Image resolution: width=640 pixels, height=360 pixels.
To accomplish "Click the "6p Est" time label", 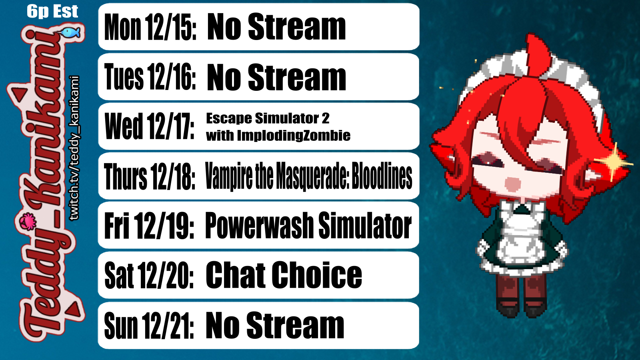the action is pyautogui.click(x=52, y=12).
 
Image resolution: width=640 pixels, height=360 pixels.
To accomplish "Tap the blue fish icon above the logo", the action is pyautogui.click(x=70, y=32).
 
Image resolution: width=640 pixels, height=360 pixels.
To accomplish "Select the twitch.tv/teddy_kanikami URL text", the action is pyautogui.click(x=74, y=148).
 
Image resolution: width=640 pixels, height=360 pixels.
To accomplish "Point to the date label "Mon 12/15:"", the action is pyautogui.click(x=150, y=27).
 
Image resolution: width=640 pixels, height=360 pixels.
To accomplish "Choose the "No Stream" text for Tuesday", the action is pyautogui.click(x=276, y=77).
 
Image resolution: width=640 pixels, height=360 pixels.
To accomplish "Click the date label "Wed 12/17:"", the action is pyautogui.click(x=150, y=126).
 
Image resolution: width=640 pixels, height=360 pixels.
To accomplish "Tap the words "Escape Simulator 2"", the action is pyautogui.click(x=268, y=118).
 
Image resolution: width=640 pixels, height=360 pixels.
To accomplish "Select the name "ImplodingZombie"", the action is pyautogui.click(x=294, y=136).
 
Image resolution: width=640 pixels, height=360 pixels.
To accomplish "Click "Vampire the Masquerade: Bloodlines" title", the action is pyautogui.click(x=308, y=176).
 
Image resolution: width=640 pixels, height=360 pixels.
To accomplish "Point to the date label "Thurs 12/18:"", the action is pyautogui.click(x=150, y=176).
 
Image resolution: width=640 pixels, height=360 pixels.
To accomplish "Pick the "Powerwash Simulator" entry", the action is pyautogui.click(x=308, y=226).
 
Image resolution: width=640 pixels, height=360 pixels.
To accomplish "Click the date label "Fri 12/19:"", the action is pyautogui.click(x=149, y=226).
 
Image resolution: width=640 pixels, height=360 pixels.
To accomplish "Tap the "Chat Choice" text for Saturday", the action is pyautogui.click(x=284, y=275).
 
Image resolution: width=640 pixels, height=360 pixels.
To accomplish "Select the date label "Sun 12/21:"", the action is pyautogui.click(x=149, y=325).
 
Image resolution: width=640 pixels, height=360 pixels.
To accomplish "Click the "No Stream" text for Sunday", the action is pyautogui.click(x=275, y=325).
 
